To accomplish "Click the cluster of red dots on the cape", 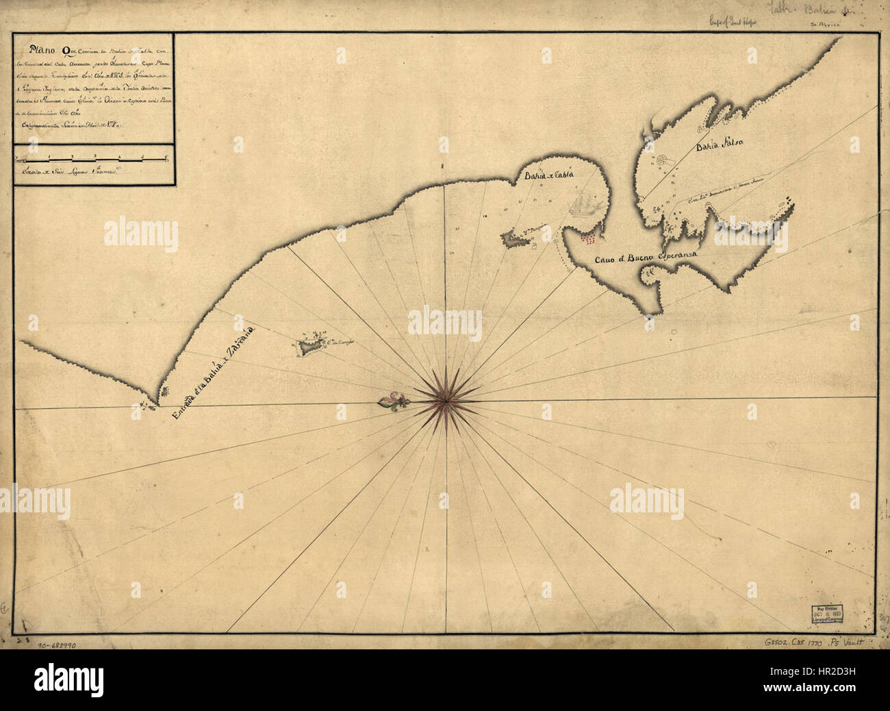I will point(589,238).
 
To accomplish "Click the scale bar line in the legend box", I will point(92,160).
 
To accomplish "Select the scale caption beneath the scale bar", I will point(68,173).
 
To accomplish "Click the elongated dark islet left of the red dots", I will point(515,239).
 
